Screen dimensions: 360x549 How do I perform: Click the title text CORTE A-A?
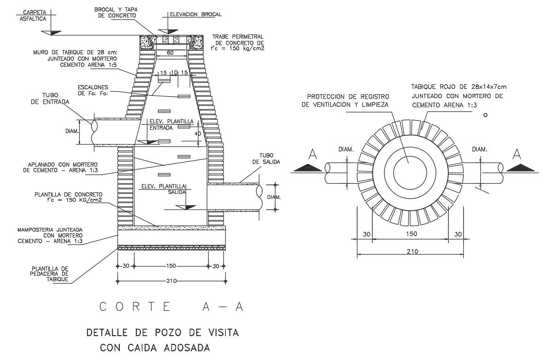pos(171,307)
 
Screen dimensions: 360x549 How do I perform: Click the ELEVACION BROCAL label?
pos(195,14)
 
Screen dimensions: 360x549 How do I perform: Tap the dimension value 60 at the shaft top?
pos(170,53)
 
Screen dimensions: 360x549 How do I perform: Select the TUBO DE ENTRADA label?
pos(50,99)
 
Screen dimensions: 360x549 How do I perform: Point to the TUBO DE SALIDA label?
pos(266,159)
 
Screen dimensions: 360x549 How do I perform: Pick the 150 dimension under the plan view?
pos(411,234)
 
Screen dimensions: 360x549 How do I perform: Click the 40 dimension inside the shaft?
pos(198,134)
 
